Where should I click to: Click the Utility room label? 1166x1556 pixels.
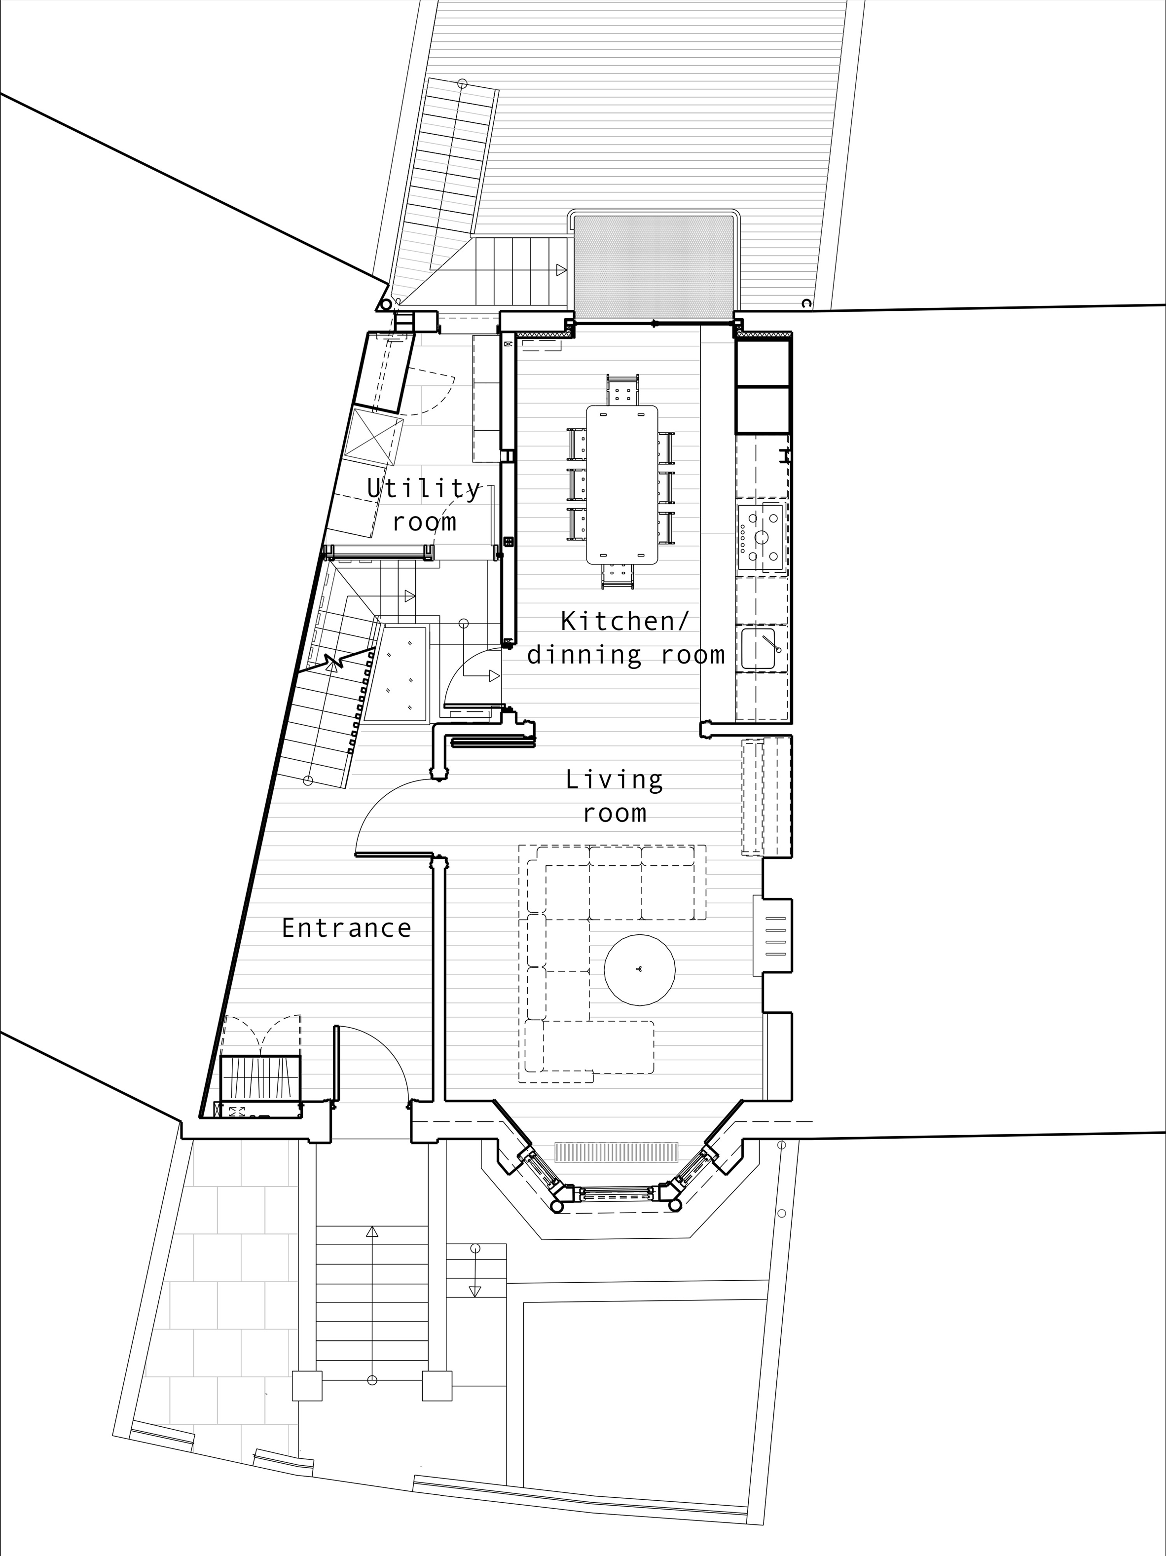click(x=424, y=504)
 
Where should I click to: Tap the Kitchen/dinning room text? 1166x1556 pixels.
click(x=626, y=638)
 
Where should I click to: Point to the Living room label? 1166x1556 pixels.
click(x=615, y=796)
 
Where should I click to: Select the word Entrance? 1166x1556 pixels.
click(x=346, y=928)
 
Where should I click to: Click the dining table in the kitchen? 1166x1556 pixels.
click(x=622, y=484)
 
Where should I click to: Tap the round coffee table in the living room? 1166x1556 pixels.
click(x=640, y=968)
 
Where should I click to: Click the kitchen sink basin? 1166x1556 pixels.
click(x=759, y=648)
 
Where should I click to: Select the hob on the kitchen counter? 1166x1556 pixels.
click(x=761, y=537)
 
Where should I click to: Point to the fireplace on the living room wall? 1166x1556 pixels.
click(x=773, y=935)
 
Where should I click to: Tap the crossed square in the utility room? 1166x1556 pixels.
click(x=377, y=436)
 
